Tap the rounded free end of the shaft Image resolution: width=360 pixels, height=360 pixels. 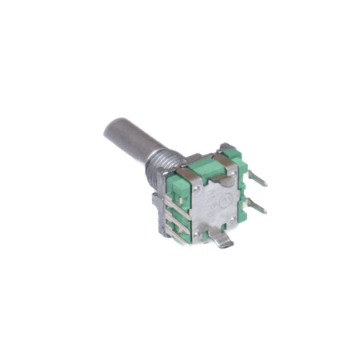pyautogui.click(x=111, y=127)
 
